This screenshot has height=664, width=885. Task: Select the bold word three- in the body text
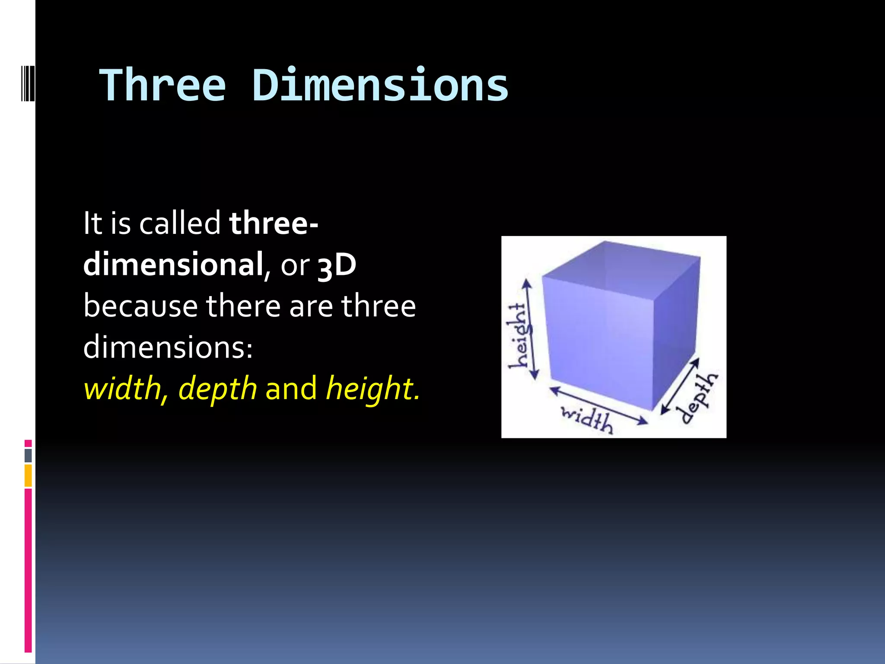point(274,223)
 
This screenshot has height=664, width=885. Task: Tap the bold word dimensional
point(173,264)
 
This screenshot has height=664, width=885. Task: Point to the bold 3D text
point(337,265)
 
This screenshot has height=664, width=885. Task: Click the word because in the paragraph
point(141,306)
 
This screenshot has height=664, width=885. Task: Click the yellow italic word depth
point(218,389)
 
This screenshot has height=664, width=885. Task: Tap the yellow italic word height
point(369,389)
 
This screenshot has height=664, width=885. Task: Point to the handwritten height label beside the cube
point(518,335)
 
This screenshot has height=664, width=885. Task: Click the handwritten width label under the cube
point(586,420)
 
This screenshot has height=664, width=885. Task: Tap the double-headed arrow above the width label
point(598,405)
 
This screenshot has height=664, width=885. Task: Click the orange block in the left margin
point(28,475)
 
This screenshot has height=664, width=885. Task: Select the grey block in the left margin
point(28,455)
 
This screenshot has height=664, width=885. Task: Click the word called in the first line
point(180,223)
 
